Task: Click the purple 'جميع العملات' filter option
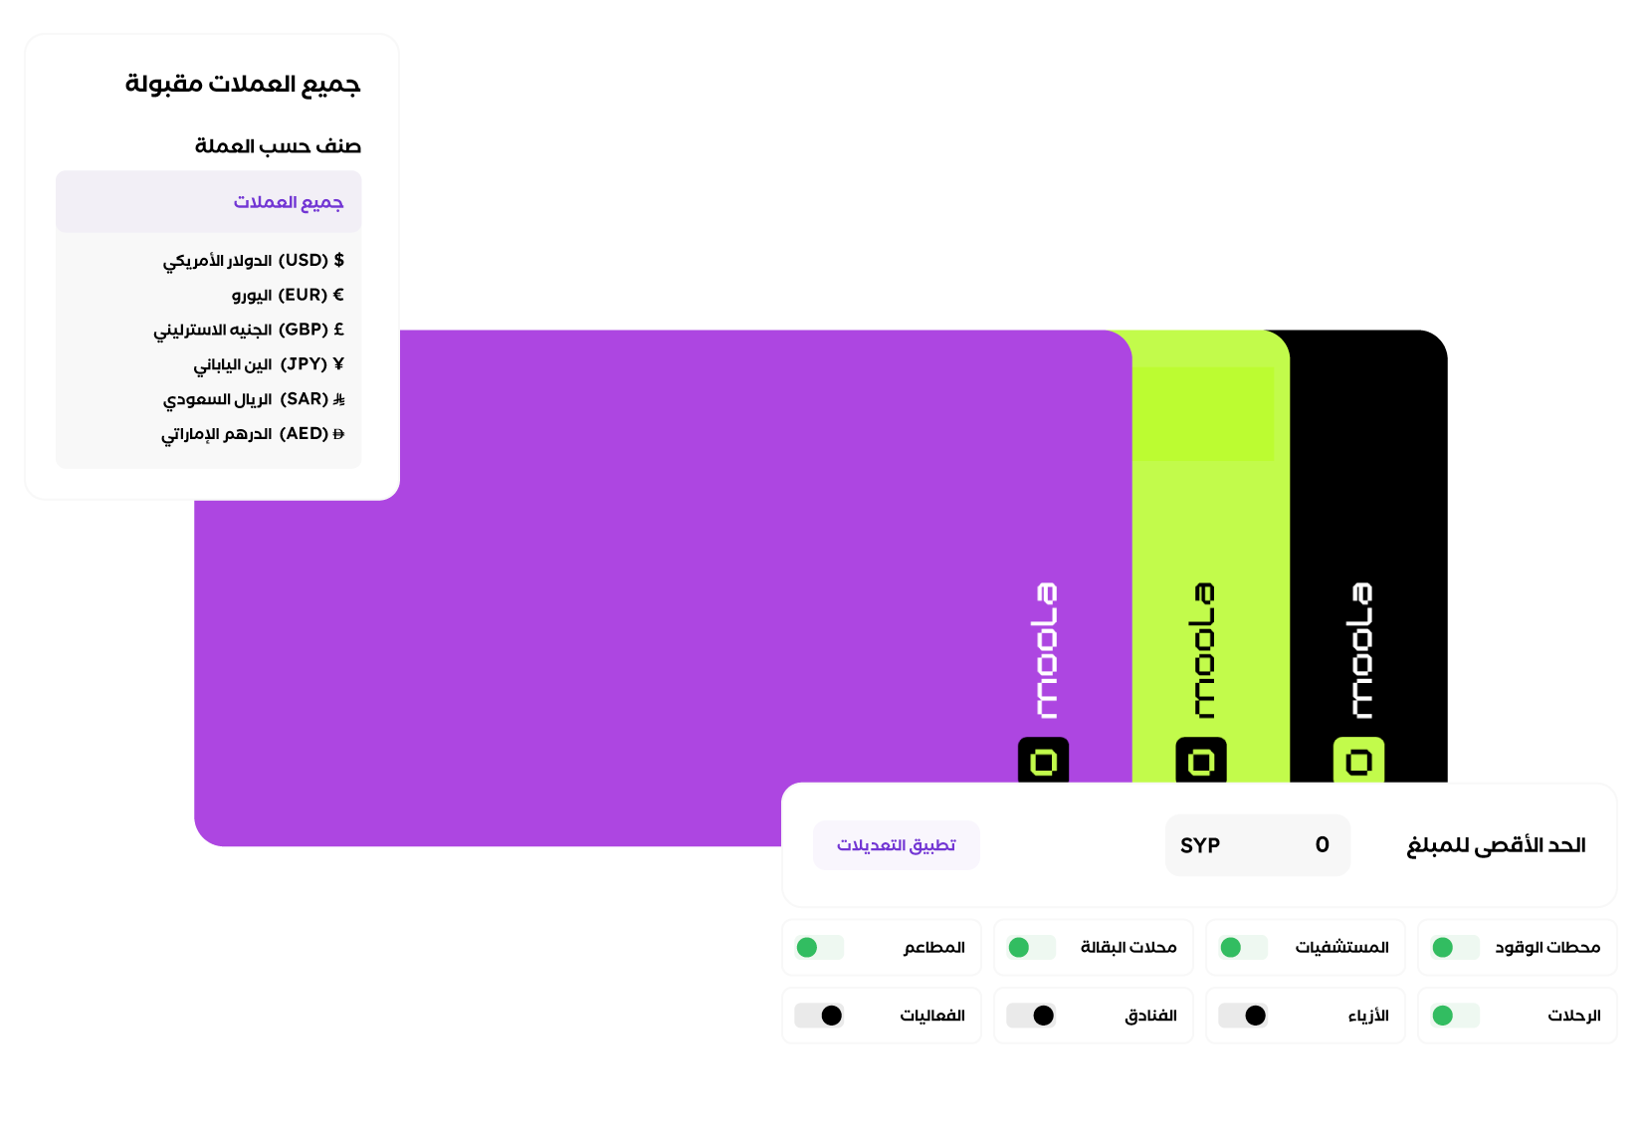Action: coord(289,202)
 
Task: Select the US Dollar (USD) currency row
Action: coord(254,261)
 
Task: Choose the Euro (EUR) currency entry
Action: coord(288,296)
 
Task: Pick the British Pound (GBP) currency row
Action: coord(249,330)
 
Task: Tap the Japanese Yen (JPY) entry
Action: coord(269,364)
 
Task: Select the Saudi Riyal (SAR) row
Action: coord(255,399)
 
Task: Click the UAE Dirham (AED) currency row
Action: coord(253,434)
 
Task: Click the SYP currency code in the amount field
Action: coord(1201,846)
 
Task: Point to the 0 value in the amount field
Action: coord(1323,845)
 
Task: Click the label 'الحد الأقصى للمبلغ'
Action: coord(1496,846)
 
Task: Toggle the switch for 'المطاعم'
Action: coord(820,948)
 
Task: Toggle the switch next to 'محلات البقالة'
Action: coord(1032,948)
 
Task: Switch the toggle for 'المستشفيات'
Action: coord(1244,948)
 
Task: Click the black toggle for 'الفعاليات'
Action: coord(820,1017)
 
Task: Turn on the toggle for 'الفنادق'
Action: coord(1031,1017)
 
